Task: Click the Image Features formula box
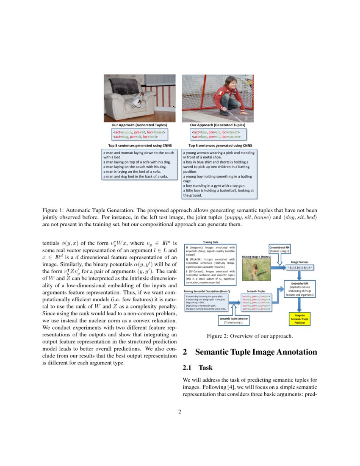pyautogui.click(x=300, y=268)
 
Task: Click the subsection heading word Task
pyautogui.click(x=205, y=368)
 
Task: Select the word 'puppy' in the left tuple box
pyautogui.click(x=127, y=132)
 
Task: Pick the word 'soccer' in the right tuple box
pyautogui.click(x=233, y=137)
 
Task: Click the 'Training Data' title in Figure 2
pyautogui.click(x=210, y=242)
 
